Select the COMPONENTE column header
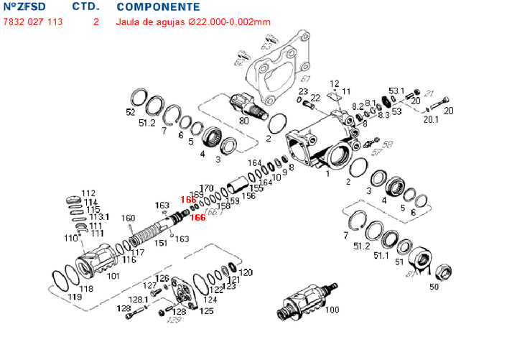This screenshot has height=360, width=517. [158, 7]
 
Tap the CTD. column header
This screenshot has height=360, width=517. [85, 7]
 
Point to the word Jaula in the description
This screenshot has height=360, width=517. [129, 22]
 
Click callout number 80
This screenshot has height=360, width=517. [244, 121]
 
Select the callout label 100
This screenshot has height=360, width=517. [332, 310]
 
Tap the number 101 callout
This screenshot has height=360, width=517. [113, 275]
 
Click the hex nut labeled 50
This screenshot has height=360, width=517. [443, 272]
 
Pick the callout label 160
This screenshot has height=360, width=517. [128, 218]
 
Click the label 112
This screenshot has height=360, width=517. [88, 193]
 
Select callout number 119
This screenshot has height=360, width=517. [74, 295]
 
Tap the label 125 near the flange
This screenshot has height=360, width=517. [206, 311]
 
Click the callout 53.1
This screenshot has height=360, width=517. [397, 91]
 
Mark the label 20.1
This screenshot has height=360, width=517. [430, 120]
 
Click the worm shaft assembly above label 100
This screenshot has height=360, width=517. [305, 298]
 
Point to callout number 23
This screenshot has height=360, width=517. [303, 91]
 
